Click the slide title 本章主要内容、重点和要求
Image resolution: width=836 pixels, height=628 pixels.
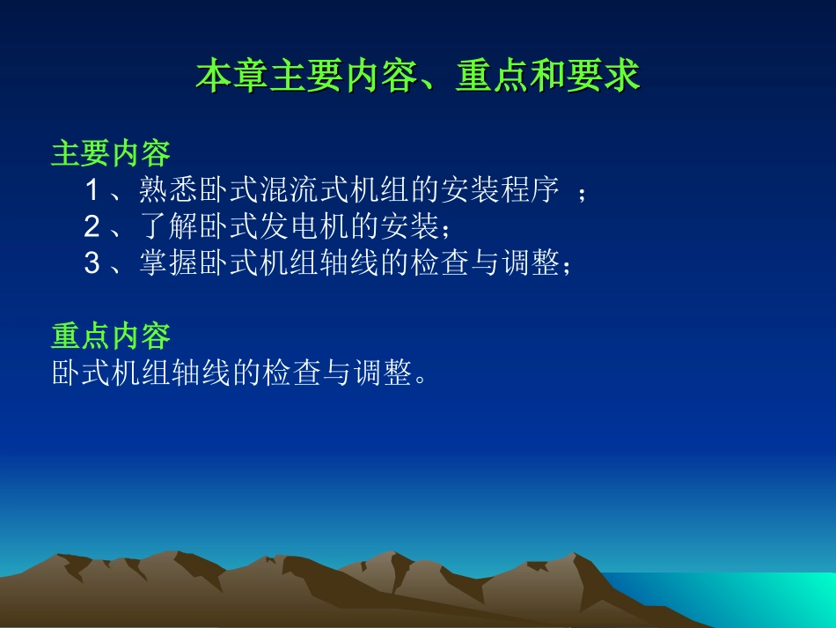click(418, 76)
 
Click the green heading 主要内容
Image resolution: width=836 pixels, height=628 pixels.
click(110, 153)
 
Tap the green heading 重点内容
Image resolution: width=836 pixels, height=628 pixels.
click(110, 336)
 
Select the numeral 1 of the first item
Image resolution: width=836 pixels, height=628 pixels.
click(92, 190)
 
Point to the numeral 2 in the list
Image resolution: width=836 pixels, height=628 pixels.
click(92, 226)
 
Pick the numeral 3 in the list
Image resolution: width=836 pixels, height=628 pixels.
click(92, 262)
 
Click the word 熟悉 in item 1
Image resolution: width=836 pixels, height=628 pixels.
click(169, 190)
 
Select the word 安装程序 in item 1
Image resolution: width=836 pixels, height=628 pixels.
click(500, 190)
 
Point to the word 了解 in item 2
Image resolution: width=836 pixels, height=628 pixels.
click(169, 226)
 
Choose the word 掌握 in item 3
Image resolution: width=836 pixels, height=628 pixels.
click(169, 262)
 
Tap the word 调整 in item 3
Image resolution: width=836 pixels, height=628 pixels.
click(531, 262)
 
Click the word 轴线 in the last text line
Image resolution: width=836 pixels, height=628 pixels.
click(202, 373)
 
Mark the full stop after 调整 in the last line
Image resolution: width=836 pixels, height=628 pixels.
click(421, 378)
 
